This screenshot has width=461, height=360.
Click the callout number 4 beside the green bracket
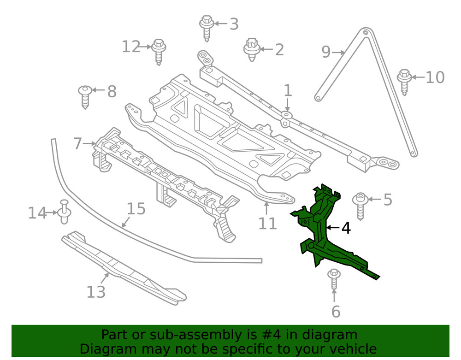(x=346, y=228)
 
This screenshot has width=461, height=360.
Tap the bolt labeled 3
(x=207, y=25)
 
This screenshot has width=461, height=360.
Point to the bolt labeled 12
(x=159, y=50)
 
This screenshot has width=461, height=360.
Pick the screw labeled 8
(x=85, y=96)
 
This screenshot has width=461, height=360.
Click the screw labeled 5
(x=360, y=205)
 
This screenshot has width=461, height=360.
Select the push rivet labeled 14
(x=64, y=212)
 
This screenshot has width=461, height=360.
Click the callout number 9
(x=326, y=52)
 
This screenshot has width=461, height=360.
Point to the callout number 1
(x=288, y=90)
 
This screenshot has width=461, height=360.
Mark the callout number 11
(x=267, y=223)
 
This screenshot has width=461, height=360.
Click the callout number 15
(x=136, y=209)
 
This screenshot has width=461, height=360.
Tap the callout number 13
(x=96, y=292)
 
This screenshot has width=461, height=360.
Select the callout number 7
(x=78, y=144)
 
